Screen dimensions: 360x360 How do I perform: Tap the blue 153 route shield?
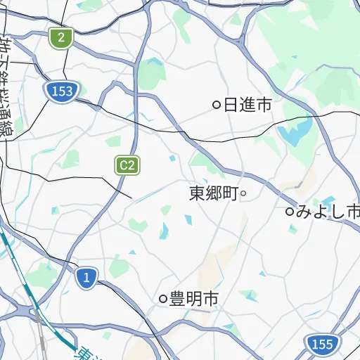point(63,91)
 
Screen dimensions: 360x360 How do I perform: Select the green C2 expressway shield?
point(127,165)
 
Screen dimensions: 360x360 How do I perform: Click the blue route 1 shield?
point(86,278)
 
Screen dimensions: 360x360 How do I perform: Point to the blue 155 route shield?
point(322,344)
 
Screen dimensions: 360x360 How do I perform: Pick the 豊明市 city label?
point(193,299)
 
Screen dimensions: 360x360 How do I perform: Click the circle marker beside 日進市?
point(217,105)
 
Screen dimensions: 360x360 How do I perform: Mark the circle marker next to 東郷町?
point(243,193)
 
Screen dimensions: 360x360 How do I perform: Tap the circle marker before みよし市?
point(289,211)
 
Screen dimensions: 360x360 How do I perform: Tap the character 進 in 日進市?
point(247,105)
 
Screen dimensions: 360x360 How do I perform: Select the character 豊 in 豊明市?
point(177,299)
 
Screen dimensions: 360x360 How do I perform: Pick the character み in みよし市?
point(304,211)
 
